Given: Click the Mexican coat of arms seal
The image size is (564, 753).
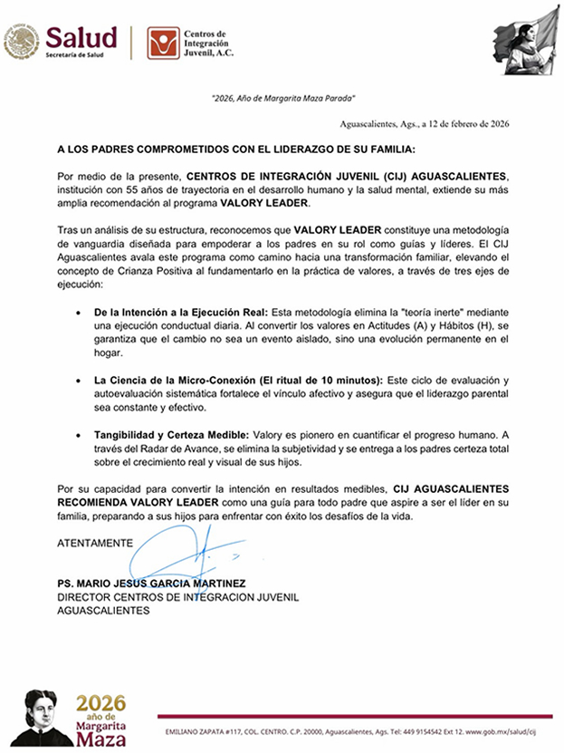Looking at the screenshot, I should (21, 42).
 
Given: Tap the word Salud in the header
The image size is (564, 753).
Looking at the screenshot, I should (81, 37).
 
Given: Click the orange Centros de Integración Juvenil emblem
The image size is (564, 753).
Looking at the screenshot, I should (162, 42).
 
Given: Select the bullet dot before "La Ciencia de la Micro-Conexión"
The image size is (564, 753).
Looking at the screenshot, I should (82, 380).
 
